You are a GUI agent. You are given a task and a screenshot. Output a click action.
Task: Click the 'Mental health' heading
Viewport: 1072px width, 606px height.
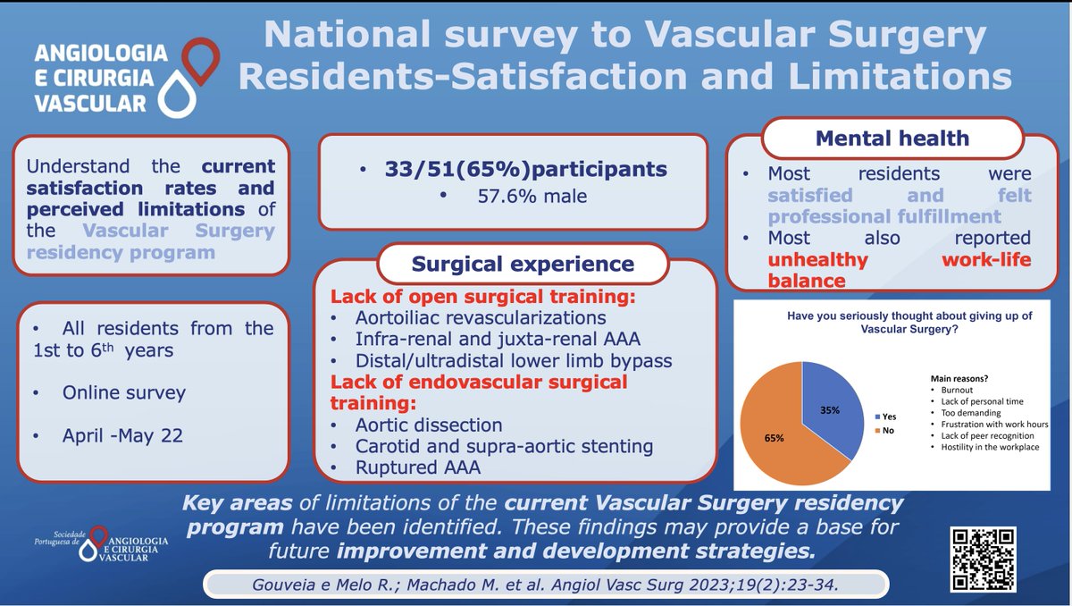891,138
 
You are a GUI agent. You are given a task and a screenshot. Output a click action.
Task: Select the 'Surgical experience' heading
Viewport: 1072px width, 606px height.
523,264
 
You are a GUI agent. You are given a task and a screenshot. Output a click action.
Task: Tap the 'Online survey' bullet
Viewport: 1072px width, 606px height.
123,392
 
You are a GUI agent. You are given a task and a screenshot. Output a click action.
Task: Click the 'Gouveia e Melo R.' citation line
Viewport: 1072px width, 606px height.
545,585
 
